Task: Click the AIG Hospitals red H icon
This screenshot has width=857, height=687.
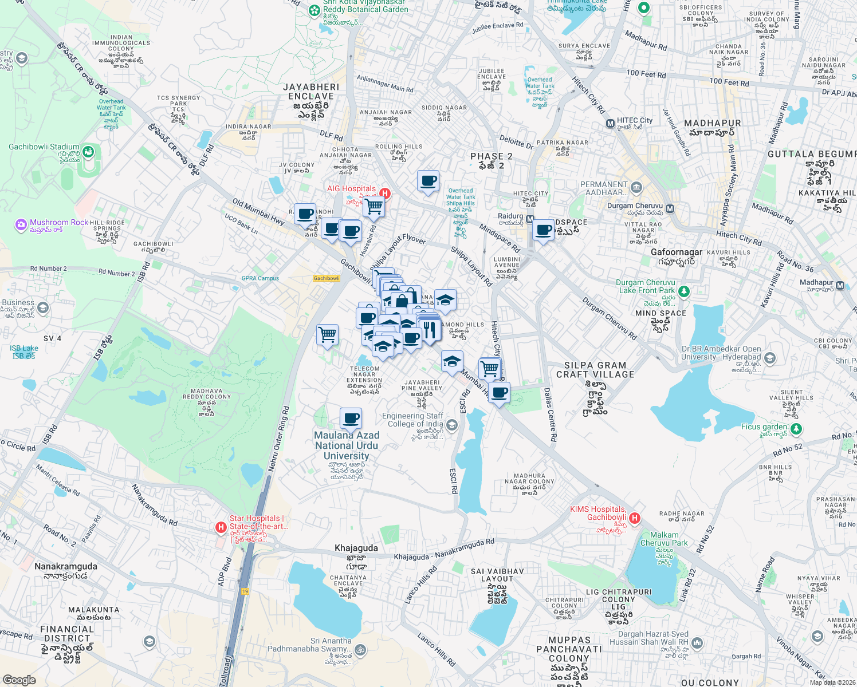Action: pos(385,194)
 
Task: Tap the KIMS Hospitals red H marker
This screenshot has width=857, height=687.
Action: pos(634,518)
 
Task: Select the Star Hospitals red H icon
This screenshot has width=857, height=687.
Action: pos(221,527)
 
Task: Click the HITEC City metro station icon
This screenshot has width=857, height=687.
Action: pos(610,123)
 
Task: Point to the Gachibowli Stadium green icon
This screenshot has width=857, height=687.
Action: pos(88,152)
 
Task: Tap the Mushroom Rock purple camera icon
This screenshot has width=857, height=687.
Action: pos(21,224)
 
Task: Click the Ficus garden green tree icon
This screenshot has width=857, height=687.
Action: pos(796,428)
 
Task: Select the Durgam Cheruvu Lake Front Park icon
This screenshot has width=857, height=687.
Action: pos(683,291)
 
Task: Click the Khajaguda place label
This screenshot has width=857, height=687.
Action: pos(356,548)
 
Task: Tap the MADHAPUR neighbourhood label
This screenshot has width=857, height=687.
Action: pos(712,123)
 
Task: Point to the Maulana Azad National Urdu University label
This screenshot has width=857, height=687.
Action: pos(347,445)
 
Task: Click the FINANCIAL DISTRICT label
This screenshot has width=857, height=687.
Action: pos(67,633)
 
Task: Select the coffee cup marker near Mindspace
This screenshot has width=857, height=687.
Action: pos(544,230)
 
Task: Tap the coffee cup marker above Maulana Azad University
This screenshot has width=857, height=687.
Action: pos(351,418)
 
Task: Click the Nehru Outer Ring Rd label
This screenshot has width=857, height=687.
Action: pos(278,440)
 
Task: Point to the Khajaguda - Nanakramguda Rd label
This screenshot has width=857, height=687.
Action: pos(444,550)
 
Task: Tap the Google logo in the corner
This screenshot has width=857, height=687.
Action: pos(19,680)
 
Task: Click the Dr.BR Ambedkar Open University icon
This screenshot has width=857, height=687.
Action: pos(769,358)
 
